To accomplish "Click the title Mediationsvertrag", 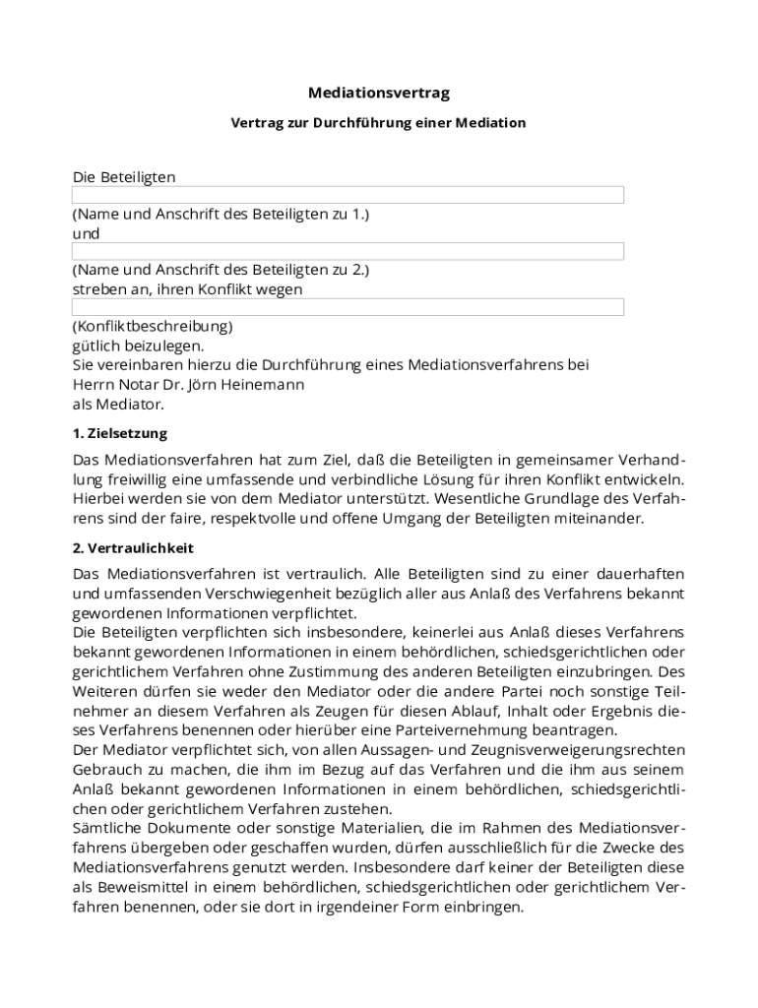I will point(378,93).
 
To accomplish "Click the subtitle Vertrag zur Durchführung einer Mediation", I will point(378,123).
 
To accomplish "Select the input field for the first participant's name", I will point(347,195).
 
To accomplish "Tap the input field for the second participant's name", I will point(347,251).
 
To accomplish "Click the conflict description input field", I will point(347,307).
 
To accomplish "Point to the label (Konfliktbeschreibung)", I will point(153,326).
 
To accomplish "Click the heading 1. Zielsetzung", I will point(120,433).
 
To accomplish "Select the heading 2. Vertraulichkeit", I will point(133,547).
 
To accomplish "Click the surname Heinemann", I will point(265,384).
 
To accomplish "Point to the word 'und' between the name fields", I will point(86,234).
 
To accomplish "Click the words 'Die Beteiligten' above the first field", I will point(124,177).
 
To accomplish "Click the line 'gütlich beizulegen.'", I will point(139,346).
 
